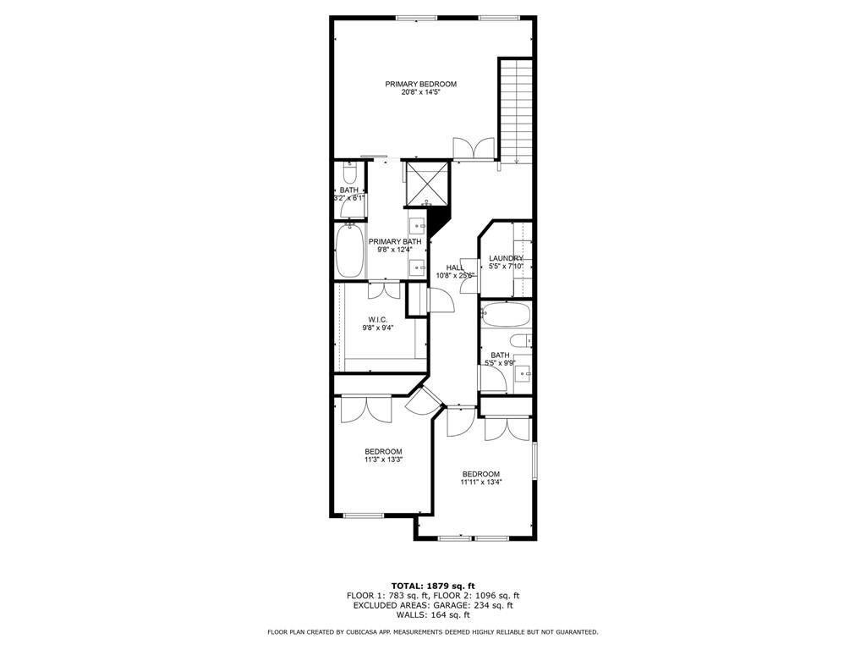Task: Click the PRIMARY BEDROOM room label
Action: tap(420, 84)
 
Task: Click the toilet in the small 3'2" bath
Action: tap(348, 174)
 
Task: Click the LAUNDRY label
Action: tap(506, 258)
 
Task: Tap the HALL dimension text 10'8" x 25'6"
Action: tap(455, 276)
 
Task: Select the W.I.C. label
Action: tap(377, 319)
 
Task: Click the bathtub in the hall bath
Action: tap(505, 317)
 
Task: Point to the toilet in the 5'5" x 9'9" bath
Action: tap(519, 340)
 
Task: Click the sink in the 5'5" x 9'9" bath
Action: tap(522, 372)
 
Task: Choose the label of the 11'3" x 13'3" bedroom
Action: tap(383, 451)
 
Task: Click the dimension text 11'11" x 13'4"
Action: tap(480, 482)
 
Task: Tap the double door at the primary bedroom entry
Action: tap(474, 149)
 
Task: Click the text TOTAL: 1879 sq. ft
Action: tap(433, 586)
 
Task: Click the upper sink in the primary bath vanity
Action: tap(417, 226)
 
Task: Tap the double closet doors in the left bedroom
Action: tap(366, 410)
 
